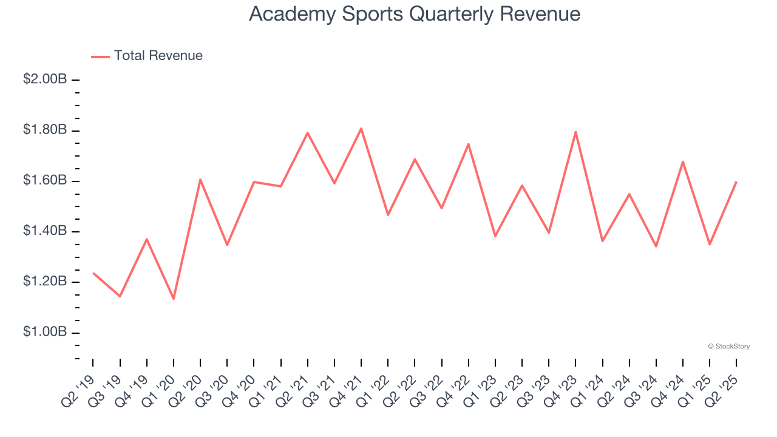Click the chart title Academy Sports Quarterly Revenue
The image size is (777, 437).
click(415, 14)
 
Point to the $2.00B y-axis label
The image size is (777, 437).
click(45, 80)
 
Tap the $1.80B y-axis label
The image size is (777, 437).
click(45, 130)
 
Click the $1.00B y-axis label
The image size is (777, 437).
click(45, 332)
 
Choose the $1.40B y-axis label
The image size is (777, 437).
click(45, 231)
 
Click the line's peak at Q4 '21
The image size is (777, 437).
click(361, 128)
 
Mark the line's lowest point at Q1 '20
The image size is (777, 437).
click(174, 299)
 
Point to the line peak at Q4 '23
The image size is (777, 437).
click(575, 132)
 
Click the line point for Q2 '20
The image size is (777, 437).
click(200, 179)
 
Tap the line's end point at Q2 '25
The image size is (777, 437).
click(736, 181)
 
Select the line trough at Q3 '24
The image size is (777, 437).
click(656, 246)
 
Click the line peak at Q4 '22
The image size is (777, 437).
click(469, 144)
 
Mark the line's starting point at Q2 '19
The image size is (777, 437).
click(93, 273)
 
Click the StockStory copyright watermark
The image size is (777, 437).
click(728, 347)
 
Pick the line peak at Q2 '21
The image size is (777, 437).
click(308, 132)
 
